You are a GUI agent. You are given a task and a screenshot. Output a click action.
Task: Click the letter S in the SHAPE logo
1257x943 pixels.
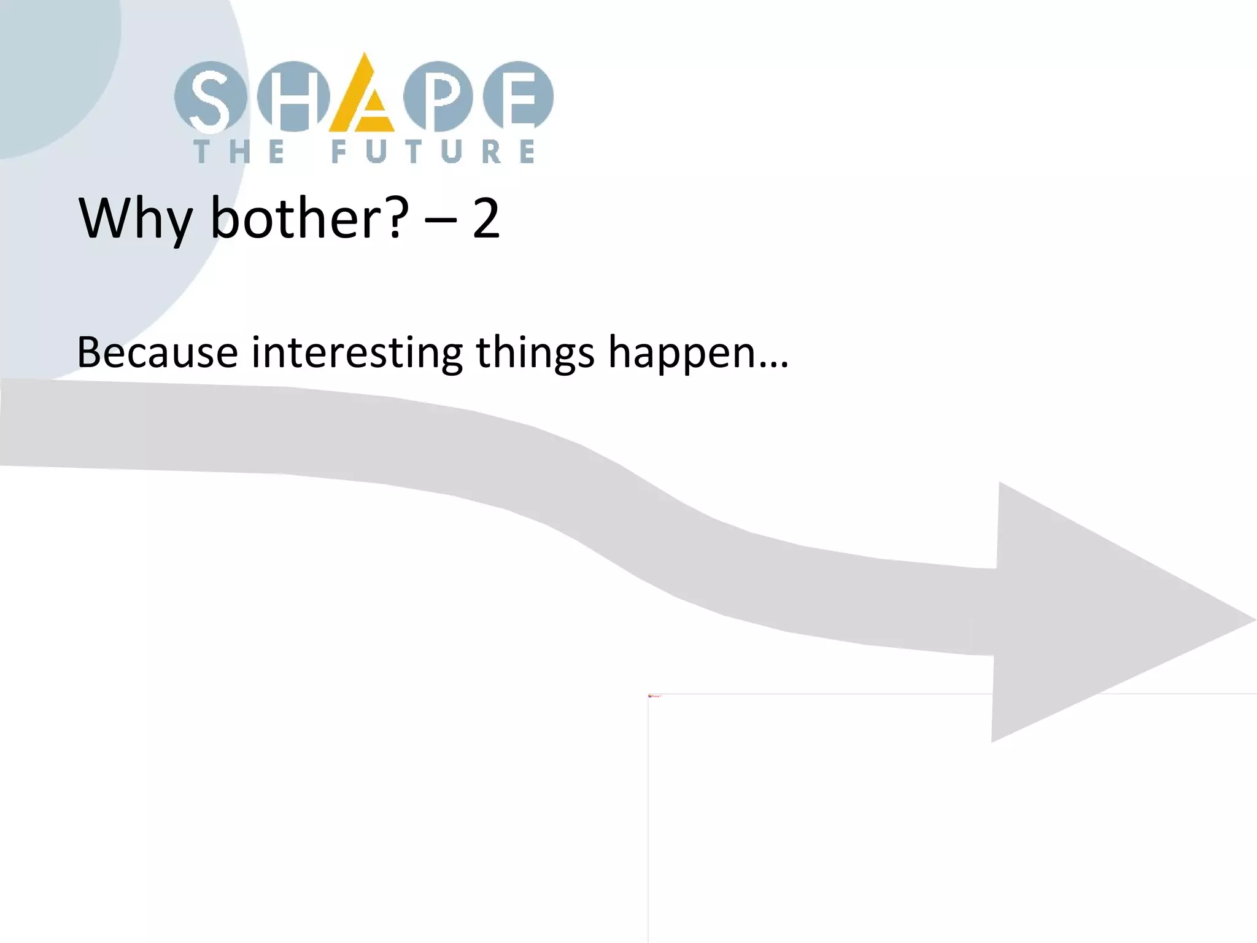209,97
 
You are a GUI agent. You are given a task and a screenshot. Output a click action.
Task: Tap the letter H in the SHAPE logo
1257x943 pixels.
293,97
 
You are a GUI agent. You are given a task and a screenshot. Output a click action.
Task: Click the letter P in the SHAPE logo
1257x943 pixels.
438,97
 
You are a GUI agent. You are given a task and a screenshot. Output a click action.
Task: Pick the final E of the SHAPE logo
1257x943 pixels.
519,97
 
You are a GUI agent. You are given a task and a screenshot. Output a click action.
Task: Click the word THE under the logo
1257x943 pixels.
239,152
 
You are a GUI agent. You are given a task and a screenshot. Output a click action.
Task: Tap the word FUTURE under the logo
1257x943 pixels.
433,152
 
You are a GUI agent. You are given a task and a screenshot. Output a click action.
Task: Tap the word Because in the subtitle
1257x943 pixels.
157,352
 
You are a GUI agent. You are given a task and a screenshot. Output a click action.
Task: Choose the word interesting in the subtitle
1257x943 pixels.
357,354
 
